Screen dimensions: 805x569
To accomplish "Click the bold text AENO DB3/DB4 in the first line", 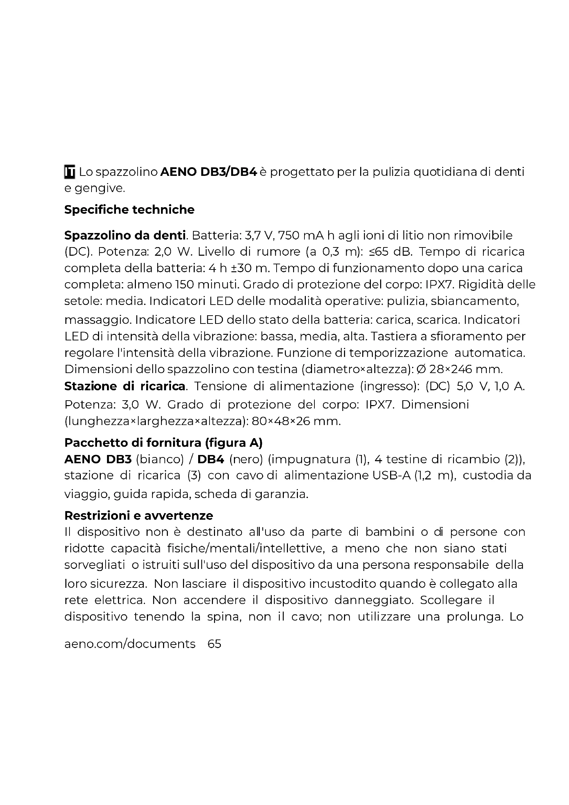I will pyautogui.click(x=209, y=172).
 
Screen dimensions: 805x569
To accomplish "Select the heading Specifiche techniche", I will pyautogui.click(x=129, y=210).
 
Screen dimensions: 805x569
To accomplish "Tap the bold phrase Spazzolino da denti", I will pyautogui.click(x=125, y=235).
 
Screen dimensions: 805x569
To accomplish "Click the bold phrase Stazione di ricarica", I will pyautogui.click(x=125, y=386).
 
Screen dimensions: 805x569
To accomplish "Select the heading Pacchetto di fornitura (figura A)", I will pyautogui.click(x=163, y=443).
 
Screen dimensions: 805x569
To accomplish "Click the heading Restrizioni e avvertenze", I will pyautogui.click(x=139, y=516).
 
